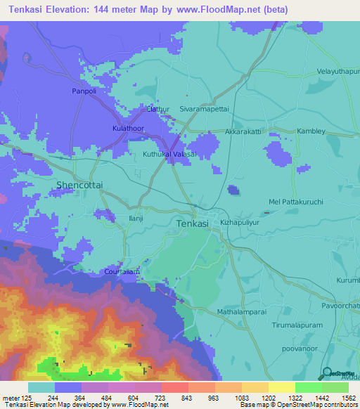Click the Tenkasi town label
click(x=191, y=223)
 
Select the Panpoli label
click(x=87, y=91)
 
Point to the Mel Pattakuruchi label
click(x=296, y=202)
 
